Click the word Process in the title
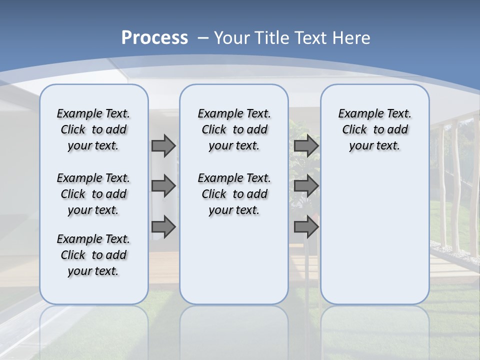click(x=154, y=38)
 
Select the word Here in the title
click(x=352, y=38)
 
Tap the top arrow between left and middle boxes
click(x=163, y=146)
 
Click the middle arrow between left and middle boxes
click(x=163, y=186)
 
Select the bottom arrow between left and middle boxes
click(x=163, y=227)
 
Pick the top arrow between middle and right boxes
click(x=306, y=146)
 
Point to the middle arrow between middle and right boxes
click(x=306, y=186)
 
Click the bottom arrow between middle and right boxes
click(x=306, y=227)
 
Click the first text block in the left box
click(x=93, y=129)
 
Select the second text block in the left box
click(x=93, y=194)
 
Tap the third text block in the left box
click(x=93, y=255)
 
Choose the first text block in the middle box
click(x=234, y=129)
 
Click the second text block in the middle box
click(x=234, y=194)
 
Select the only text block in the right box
click(x=374, y=129)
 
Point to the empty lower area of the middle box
click(x=234, y=260)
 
